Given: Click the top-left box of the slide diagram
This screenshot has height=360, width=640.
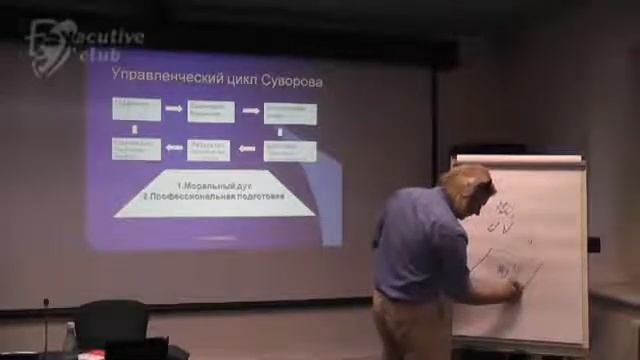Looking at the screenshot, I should click(137, 108).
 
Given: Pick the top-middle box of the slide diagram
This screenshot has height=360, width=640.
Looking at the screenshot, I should click(208, 111).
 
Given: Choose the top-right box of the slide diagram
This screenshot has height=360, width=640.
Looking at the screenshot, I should click(290, 113).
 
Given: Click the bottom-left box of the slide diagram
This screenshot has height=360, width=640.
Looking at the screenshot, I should click(137, 149).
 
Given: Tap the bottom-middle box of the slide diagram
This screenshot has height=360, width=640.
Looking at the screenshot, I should click(208, 150).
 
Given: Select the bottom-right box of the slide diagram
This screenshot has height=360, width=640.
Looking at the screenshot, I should click(290, 151).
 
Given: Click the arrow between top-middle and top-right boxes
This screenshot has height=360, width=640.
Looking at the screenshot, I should click(249, 112).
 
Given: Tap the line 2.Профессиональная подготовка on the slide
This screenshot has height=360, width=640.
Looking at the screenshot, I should click(214, 197).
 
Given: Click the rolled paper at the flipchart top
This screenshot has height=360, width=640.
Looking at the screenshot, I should click(518, 159).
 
